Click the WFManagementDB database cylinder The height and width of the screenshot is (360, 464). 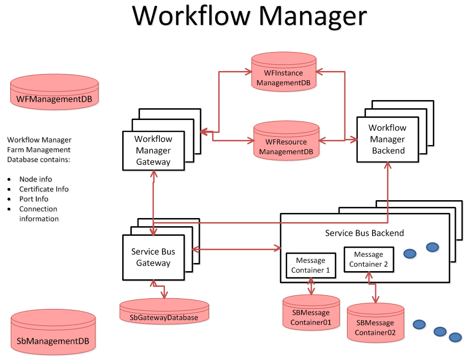[54, 91]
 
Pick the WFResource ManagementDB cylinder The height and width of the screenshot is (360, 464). [286, 141]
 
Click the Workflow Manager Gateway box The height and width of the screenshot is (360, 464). [153, 151]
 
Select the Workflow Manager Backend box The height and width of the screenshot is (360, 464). [388, 139]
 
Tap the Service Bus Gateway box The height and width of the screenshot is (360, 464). [153, 257]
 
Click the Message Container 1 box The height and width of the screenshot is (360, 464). [311, 265]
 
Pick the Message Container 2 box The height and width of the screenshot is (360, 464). [368, 259]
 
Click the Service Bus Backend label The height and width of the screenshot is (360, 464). [364, 233]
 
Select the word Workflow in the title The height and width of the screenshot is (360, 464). [191, 15]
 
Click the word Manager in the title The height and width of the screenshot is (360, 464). [312, 15]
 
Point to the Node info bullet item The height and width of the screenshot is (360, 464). [36, 179]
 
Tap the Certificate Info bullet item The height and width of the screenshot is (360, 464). [44, 189]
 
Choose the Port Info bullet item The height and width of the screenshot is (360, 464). [34, 199]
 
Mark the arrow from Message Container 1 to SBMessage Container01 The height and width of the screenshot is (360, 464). [311, 286]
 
